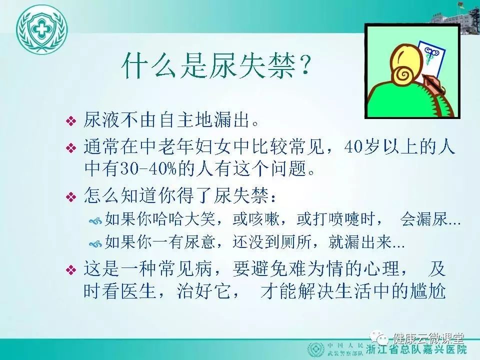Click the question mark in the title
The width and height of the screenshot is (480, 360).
tap(303, 66)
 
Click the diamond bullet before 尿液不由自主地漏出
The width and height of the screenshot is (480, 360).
tap(71, 121)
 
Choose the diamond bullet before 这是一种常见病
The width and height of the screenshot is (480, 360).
tap(71, 270)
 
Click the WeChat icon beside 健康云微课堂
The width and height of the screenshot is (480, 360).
tap(380, 338)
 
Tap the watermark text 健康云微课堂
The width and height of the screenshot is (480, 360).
tap(428, 338)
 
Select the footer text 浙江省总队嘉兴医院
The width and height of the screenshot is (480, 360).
tap(416, 349)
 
